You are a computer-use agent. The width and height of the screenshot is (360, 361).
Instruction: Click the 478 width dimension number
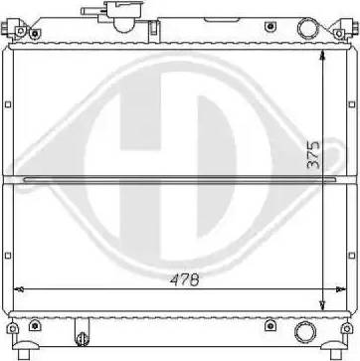(185, 280)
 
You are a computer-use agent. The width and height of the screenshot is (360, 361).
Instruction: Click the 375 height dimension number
(313, 154)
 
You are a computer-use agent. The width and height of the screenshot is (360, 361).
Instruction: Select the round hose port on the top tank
(307, 29)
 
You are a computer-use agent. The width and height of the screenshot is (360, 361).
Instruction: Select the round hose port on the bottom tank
(305, 332)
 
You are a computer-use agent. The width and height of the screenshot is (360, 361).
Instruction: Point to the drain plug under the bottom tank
(82, 338)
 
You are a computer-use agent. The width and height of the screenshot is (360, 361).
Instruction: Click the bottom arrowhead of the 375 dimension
(322, 304)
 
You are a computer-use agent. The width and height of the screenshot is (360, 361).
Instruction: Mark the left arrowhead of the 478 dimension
(19, 289)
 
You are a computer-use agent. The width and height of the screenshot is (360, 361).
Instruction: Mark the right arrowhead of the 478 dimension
(341, 289)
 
